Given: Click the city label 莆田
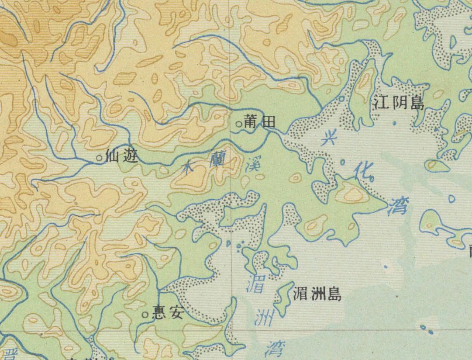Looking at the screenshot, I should coord(260,123).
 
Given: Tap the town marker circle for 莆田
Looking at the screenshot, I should coord(239,124).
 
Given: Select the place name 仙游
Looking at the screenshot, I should coord(122,156).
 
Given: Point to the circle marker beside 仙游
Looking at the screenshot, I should coord(100,157).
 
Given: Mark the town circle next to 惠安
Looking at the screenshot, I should coord(145,314).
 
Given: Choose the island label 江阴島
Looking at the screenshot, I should coord(399,103).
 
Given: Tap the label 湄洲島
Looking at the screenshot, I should coord(317,294).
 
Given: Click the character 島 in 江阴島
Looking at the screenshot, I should coord(416,103).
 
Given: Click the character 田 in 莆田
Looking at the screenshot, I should coord(268,123).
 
